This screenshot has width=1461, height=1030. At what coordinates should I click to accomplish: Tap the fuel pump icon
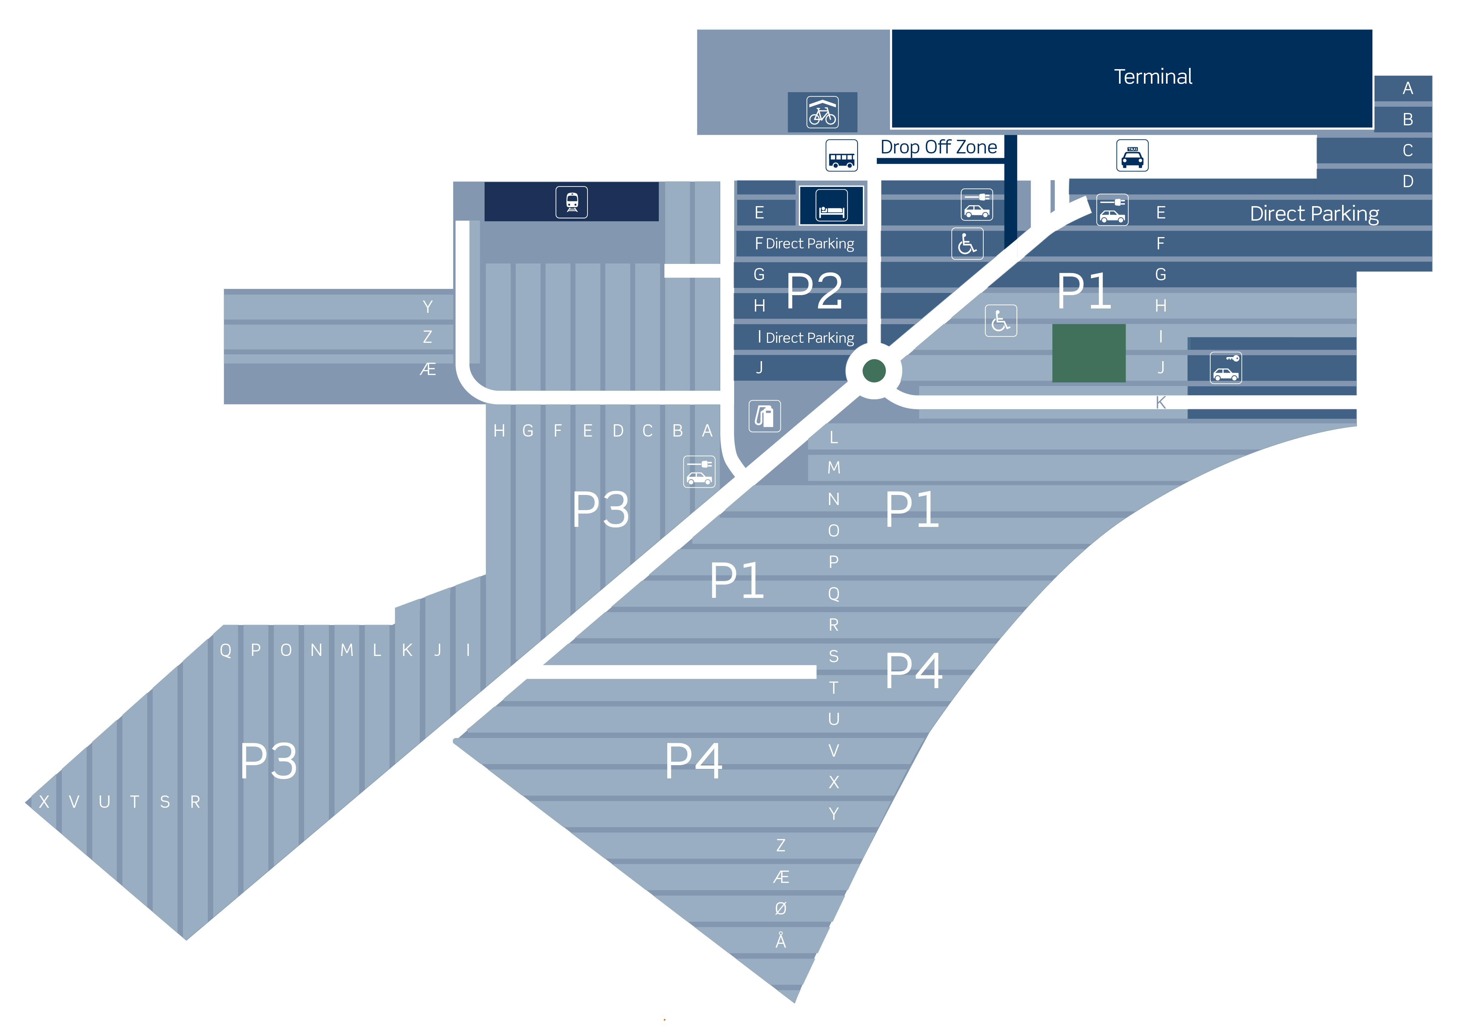click(764, 416)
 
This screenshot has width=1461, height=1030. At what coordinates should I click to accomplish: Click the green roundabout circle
click(874, 371)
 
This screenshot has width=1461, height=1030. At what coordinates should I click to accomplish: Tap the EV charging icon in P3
click(699, 472)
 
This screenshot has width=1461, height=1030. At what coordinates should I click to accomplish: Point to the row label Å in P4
click(781, 940)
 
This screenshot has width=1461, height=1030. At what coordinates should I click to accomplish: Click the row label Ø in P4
click(781, 908)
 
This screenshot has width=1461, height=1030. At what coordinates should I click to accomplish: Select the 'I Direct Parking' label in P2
click(806, 337)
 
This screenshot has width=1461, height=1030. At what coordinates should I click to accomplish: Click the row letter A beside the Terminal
click(1408, 88)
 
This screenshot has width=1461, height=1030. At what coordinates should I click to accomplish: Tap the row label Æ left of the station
click(427, 369)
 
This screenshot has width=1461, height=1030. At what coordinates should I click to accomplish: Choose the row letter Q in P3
click(225, 650)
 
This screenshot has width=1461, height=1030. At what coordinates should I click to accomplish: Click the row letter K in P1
click(1160, 402)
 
